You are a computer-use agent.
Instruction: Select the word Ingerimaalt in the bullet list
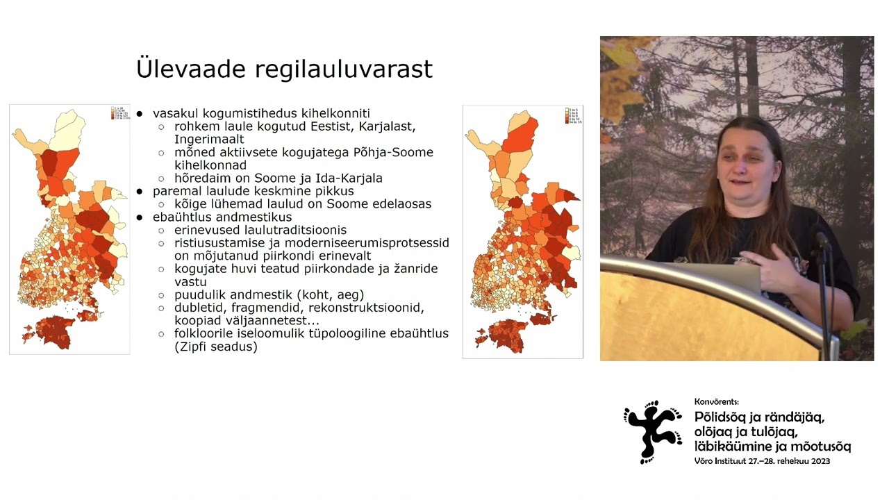coord(209,140)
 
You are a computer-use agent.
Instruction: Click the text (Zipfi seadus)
coord(216,347)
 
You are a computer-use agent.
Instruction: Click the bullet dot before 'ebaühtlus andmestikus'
coord(140,217)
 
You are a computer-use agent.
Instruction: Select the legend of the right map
coord(572,115)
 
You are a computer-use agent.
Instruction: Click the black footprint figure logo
coord(651,431)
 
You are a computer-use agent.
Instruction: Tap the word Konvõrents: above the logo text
coord(717,402)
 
